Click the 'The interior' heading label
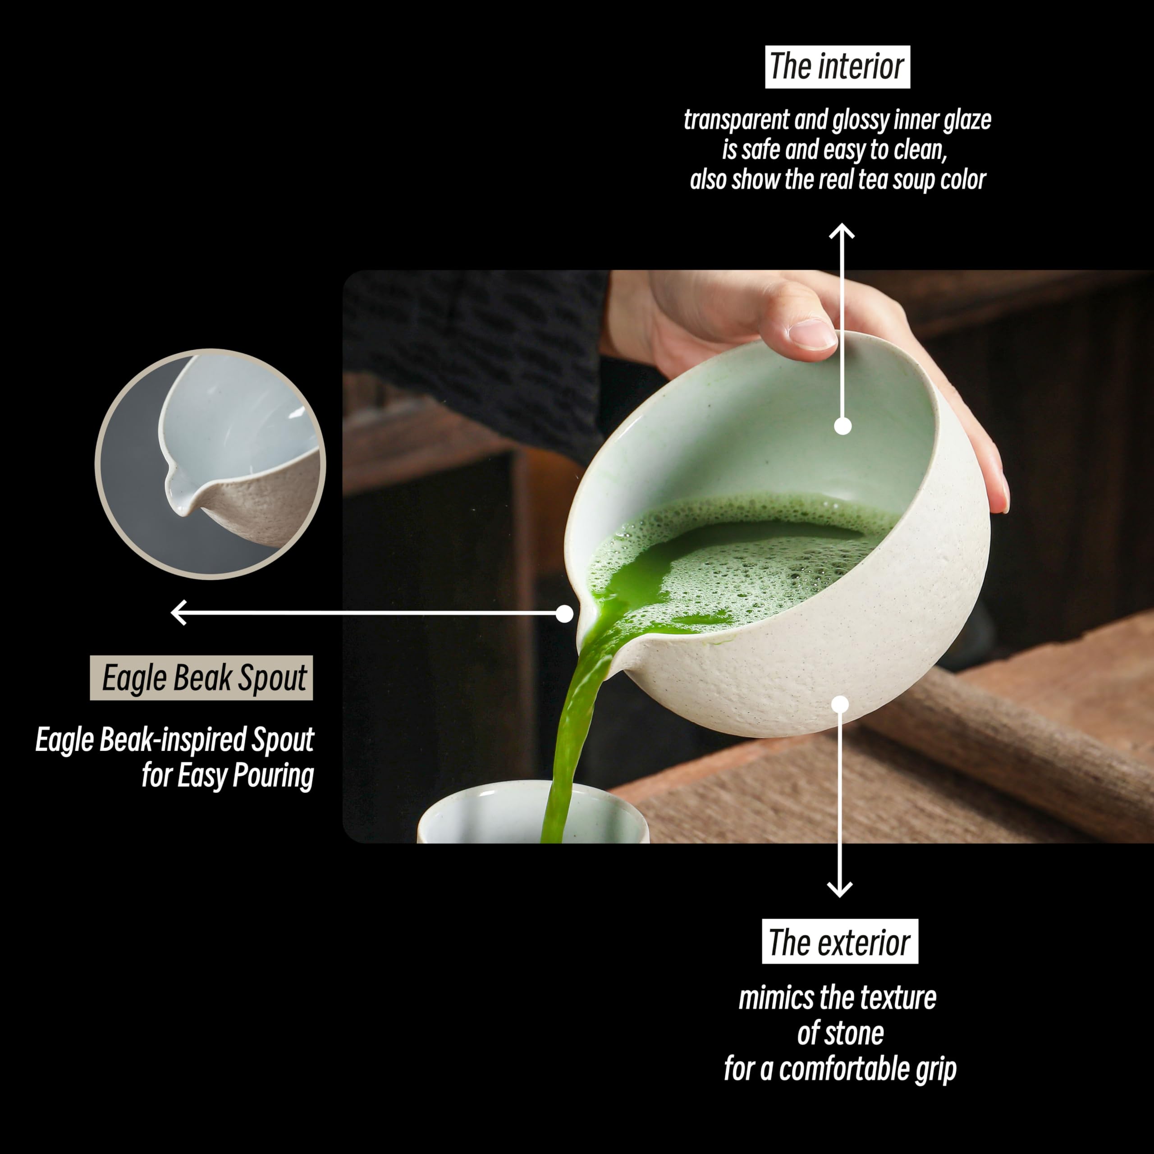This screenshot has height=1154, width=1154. [x=837, y=66]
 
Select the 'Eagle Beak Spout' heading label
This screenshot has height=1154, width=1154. [x=201, y=678]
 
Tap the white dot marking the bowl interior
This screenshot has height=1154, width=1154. [x=842, y=426]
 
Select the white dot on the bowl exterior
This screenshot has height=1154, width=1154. [x=840, y=705]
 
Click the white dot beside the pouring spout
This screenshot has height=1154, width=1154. [x=564, y=614]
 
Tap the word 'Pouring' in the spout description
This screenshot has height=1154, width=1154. [x=272, y=776]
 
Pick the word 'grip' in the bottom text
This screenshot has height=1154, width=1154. [x=935, y=1069]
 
